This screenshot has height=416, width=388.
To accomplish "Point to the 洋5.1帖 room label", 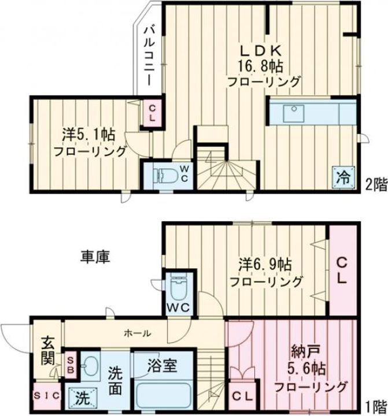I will pos(88,135).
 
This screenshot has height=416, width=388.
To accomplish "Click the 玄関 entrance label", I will pos(47,351).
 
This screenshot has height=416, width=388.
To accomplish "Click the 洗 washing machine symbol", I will pos(82,397).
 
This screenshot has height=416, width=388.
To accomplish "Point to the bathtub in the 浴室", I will pos(164,396).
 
